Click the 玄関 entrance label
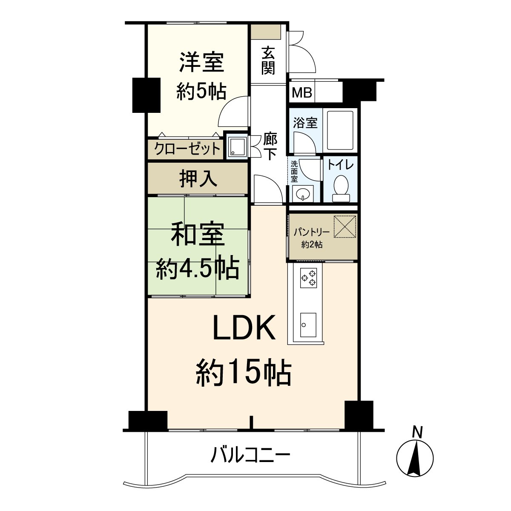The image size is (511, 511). [268, 60]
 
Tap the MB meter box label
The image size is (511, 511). [302, 92]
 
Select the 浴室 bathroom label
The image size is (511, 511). [305, 123]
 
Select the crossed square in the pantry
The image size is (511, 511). [344, 227]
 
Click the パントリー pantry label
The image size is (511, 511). [312, 233]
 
